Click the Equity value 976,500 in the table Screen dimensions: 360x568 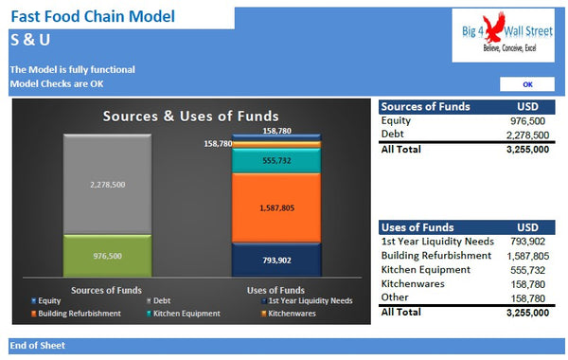coord(526,120)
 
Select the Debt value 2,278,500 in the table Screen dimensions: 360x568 coord(522,135)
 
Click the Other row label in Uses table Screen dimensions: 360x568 coord(395,297)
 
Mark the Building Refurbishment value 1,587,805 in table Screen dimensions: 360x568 coord(522,256)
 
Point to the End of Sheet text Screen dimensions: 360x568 coord(38,346)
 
